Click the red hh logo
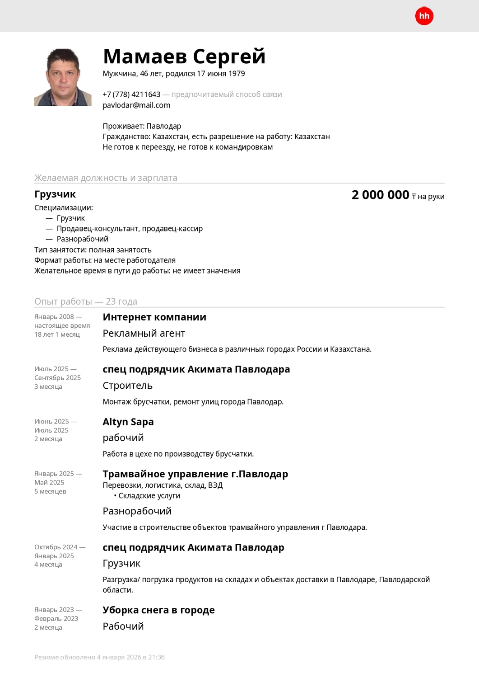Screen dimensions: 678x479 424,16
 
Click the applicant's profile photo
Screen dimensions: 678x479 63,77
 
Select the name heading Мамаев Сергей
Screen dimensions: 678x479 184,56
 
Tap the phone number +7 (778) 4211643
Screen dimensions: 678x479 131,94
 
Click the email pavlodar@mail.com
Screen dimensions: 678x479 136,105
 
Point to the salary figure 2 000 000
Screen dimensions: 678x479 380,195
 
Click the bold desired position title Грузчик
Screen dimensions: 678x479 55,194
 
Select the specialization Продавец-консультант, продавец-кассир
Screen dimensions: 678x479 130,229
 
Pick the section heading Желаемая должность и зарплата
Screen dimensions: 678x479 106,178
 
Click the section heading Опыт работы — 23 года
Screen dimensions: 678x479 86,301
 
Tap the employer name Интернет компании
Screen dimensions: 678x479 154,317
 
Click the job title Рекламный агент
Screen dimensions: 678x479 144,334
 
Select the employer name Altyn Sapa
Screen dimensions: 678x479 128,422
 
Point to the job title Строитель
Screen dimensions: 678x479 127,386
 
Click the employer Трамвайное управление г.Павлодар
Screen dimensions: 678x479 195,474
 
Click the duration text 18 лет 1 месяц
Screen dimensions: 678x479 57,334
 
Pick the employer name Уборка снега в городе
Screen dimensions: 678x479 158,610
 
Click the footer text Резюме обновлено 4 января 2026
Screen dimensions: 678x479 99,657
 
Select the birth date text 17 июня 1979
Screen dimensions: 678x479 221,74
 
